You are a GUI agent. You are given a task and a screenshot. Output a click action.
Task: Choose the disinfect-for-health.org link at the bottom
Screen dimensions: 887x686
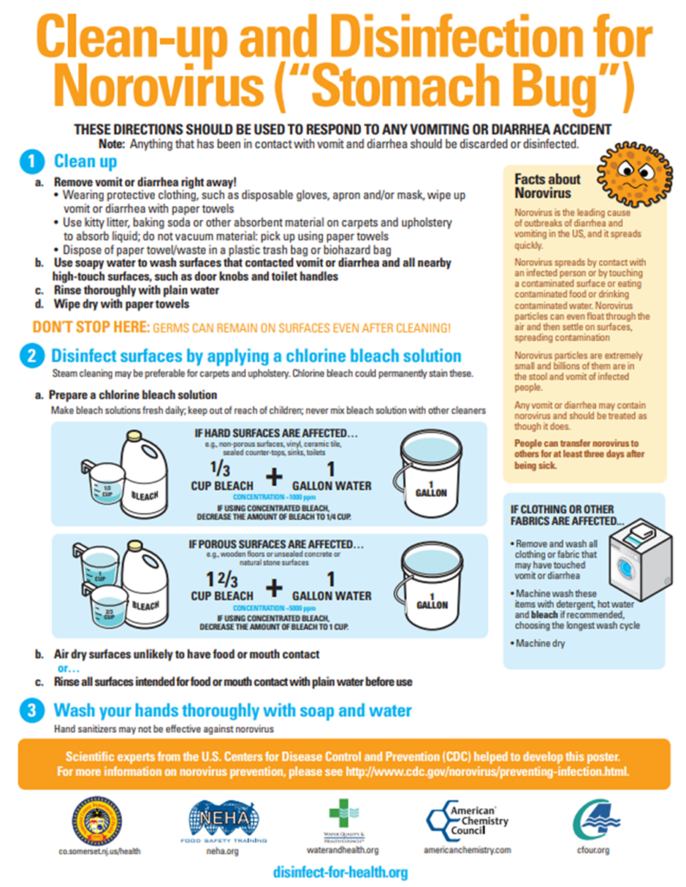[340, 871]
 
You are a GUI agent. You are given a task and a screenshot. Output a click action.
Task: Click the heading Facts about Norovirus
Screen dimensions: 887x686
[547, 185]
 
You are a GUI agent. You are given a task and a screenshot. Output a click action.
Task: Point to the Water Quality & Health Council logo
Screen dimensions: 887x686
[340, 819]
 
